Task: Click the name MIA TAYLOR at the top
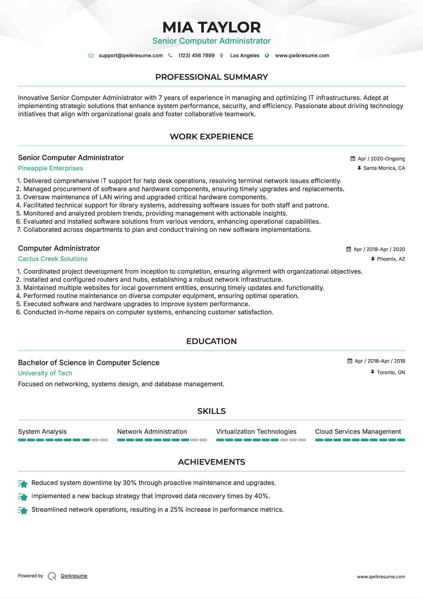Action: coord(211,27)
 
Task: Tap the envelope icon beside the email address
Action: coord(91,56)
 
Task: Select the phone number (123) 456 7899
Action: coord(196,56)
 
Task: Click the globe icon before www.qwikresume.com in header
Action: coord(267,56)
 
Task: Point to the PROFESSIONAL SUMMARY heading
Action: coord(211,77)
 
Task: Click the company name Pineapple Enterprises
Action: coord(51,168)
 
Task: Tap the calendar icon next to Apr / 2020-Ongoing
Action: coord(353,159)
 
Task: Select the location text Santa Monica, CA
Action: coord(384,168)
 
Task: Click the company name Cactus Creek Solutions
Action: coord(53,259)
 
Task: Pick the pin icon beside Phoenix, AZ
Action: coord(373,259)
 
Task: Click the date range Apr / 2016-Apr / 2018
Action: coord(380,361)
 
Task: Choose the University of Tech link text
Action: coord(45,373)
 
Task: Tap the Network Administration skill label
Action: coord(152,432)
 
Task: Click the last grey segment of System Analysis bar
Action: coord(104,440)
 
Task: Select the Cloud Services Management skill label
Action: coord(358,432)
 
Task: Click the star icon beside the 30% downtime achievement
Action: coord(23,483)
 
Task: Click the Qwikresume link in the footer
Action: coord(74,576)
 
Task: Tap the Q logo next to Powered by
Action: coord(52,576)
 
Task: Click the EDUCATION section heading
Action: coord(211,341)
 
